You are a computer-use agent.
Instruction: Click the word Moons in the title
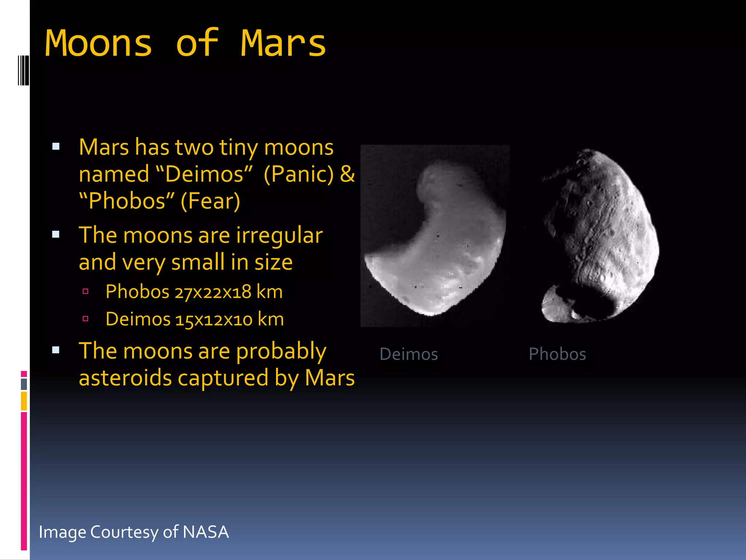[98, 44]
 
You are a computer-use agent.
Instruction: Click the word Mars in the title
[283, 44]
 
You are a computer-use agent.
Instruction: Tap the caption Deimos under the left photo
[409, 354]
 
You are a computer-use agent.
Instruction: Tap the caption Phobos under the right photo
[557, 354]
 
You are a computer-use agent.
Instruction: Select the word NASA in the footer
[206, 532]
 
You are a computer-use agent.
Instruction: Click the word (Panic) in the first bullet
[299, 174]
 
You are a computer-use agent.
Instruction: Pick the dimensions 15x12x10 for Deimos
[214, 320]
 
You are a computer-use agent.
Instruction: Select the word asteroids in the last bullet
[125, 378]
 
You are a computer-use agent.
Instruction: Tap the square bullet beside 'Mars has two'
[56, 147]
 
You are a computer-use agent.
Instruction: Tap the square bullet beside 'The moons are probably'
[56, 350]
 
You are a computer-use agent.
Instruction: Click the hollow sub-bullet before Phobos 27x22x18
[86, 291]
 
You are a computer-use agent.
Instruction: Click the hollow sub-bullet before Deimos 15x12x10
[86, 319]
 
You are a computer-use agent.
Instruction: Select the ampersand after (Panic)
[347, 174]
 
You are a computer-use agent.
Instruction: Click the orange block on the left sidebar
[24, 401]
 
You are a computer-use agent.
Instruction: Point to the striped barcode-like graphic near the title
[23, 70]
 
